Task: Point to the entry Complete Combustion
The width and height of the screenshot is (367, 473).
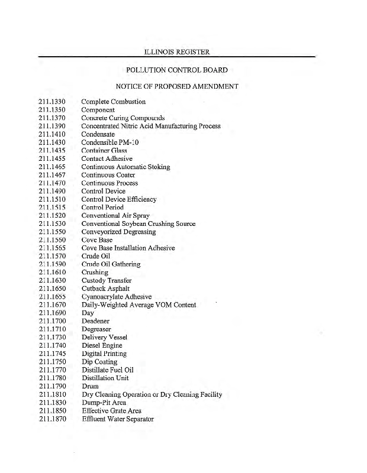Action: click(113, 102)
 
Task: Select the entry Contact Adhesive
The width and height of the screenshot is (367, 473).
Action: click(107, 159)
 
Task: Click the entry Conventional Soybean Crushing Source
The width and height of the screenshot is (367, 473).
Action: click(138, 224)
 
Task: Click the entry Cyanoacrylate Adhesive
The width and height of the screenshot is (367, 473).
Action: click(116, 297)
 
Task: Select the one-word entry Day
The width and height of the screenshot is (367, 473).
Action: click(88, 313)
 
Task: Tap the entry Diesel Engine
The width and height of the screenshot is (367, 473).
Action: click(102, 345)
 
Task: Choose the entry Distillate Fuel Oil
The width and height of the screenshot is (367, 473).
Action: click(108, 370)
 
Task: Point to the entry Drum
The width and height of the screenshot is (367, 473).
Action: click(90, 386)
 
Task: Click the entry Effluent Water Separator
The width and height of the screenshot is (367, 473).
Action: click(117, 419)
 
